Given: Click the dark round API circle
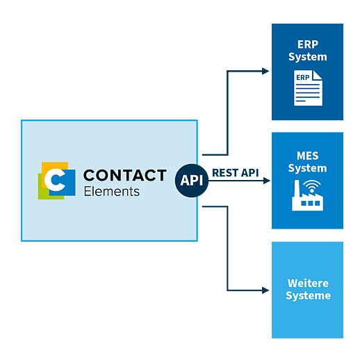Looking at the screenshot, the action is click(192, 181).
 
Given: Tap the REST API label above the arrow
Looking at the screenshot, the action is click(236, 173).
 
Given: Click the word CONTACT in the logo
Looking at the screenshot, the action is click(125, 175).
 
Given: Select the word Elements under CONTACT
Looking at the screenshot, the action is click(112, 192).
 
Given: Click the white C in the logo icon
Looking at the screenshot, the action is click(55, 180).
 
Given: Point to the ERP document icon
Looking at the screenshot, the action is click(308, 88).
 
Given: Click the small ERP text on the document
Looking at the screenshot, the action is click(303, 77).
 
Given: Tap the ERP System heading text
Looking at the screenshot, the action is click(308, 51).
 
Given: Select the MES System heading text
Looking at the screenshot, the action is click(307, 162).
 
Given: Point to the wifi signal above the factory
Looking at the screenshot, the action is click(312, 186).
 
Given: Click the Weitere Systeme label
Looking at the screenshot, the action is click(308, 289).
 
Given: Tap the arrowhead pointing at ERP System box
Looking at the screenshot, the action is click(265, 71).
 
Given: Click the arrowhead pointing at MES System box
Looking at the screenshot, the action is click(267, 181).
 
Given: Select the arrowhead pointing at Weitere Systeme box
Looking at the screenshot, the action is click(265, 291).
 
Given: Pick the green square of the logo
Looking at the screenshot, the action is click(43, 193).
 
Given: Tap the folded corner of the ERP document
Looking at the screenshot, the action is click(318, 75).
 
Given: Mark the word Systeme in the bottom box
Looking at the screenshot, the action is click(308, 296).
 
